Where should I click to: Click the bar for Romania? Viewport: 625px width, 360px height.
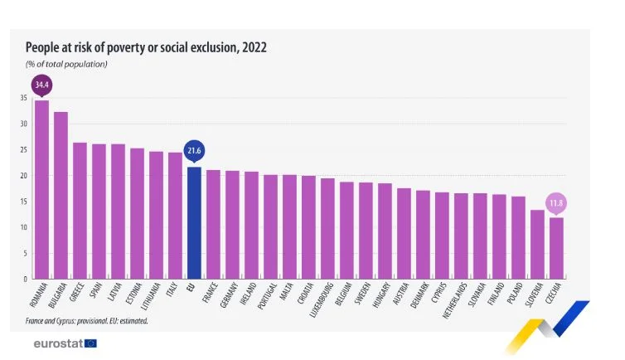coord(41,190)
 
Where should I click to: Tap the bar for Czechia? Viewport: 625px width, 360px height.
coord(556,248)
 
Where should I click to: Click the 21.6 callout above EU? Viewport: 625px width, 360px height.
coord(194,150)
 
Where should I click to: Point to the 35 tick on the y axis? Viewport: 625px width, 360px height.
coord(24,99)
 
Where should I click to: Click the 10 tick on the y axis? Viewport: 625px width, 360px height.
coord(24,227)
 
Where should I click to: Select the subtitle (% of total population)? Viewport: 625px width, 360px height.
coord(66,64)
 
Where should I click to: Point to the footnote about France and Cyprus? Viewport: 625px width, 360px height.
coord(87,319)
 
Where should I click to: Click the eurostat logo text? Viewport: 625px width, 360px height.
coord(58,342)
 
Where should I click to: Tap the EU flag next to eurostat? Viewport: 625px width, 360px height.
coord(91,342)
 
